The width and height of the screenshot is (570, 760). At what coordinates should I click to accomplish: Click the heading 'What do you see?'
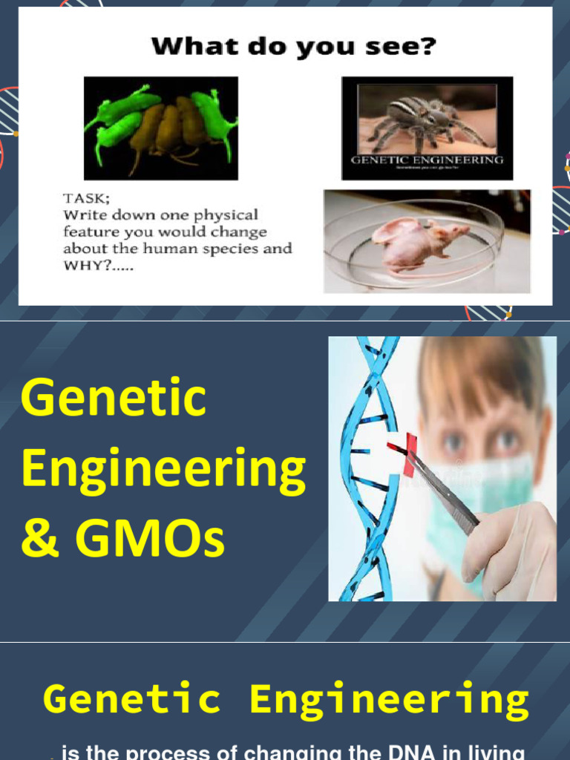coord(293,47)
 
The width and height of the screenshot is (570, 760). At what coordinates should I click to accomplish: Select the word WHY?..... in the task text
coord(94,265)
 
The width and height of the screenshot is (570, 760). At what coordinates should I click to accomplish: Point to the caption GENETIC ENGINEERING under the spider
coord(427,160)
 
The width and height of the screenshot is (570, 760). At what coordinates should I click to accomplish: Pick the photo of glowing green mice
coord(160,128)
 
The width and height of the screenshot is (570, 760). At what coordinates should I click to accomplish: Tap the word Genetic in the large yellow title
coord(113,399)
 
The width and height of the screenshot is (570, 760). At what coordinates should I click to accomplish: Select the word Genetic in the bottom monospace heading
coord(132,700)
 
